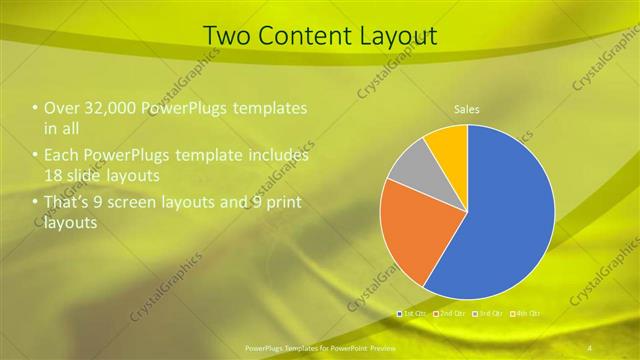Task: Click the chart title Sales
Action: [467, 108]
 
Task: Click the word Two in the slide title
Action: [226, 35]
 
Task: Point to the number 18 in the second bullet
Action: [55, 175]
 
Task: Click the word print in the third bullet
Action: [278, 203]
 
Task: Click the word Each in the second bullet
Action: [61, 156]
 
